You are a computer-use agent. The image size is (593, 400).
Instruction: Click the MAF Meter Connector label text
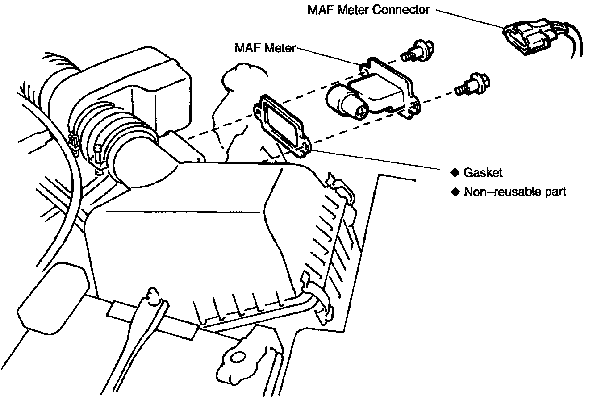pyautogui.click(x=368, y=10)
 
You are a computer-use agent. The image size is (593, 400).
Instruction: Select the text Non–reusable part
pyautogui.click(x=515, y=192)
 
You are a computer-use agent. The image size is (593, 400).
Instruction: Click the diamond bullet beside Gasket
pyautogui.click(x=455, y=172)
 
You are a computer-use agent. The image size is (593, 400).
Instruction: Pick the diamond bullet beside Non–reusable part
pyautogui.click(x=455, y=192)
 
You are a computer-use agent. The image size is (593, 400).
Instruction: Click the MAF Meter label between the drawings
pyautogui.click(x=265, y=48)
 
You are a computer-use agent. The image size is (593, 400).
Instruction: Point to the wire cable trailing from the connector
pyautogui.click(x=574, y=42)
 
